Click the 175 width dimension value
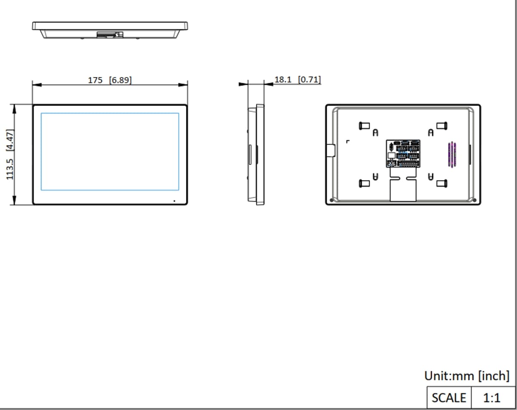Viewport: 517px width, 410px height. coord(95,80)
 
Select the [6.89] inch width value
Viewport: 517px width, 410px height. coord(121,80)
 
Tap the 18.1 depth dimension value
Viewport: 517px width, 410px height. coord(283,80)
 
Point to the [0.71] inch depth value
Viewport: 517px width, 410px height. coord(309,80)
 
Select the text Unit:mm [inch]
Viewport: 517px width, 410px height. coord(467,376)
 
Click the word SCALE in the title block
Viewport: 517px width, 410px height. coord(449,397)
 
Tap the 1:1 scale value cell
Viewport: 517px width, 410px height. coord(492,397)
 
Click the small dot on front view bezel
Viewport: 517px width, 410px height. coord(174,200)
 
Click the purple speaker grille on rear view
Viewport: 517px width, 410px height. coord(451,154)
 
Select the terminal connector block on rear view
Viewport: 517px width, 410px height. coord(403,153)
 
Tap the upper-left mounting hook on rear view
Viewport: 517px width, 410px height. coord(364,125)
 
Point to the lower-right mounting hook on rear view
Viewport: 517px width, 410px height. coord(441,183)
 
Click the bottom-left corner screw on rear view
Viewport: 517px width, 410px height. coord(331,200)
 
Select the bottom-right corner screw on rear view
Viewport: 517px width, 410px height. coord(474,200)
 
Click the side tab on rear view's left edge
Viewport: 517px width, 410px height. coord(330,150)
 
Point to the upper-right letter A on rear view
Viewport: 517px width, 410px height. coord(430,133)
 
